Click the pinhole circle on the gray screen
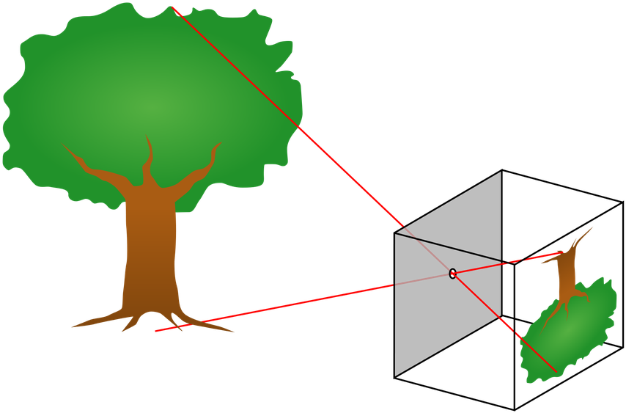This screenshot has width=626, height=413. point(452,274)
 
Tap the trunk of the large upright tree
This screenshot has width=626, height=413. point(150,249)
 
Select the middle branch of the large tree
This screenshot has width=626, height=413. point(149,158)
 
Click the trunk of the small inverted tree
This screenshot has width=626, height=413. point(566,275)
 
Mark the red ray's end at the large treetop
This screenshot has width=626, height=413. point(172,7)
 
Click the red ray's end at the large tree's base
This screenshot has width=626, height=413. point(156,332)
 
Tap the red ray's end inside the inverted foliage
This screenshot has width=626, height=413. point(555,370)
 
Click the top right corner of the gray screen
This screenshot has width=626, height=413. point(501,172)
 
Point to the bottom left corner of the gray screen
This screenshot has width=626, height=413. point(396,376)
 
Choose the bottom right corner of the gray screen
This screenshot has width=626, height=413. point(501,315)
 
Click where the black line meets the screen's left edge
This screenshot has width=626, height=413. point(396,234)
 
